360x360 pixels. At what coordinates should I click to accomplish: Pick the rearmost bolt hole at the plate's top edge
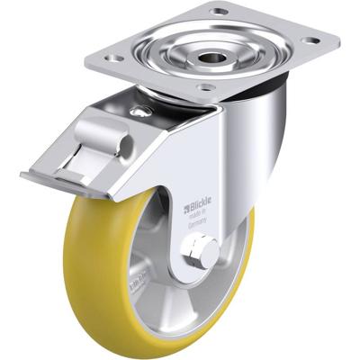pyautogui.click(x=219, y=11)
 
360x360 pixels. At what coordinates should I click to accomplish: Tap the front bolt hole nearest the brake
pyautogui.click(x=206, y=87)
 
